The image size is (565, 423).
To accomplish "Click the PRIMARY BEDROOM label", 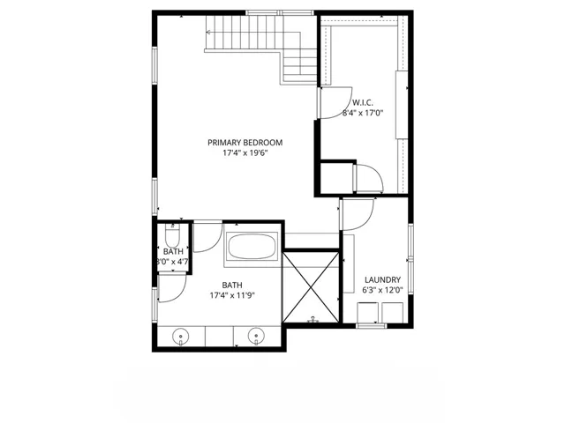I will tap(245, 143).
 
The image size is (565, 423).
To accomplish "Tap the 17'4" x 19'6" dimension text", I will tap(245, 153).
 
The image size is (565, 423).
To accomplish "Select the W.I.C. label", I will tap(364, 101).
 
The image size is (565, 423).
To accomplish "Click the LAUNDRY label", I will tap(383, 280).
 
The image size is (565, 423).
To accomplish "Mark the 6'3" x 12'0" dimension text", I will tap(383, 290).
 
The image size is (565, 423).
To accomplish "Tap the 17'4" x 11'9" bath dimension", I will tap(232, 296).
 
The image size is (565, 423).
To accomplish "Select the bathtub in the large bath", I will tap(252, 246).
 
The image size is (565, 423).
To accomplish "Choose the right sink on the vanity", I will tap(257, 335).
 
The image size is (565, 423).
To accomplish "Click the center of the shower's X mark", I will tap(311, 286).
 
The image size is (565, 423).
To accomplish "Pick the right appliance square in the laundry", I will tap(391, 313).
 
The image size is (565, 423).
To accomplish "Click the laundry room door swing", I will tap(358, 213).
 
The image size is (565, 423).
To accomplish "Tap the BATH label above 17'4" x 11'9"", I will tap(232, 285).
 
